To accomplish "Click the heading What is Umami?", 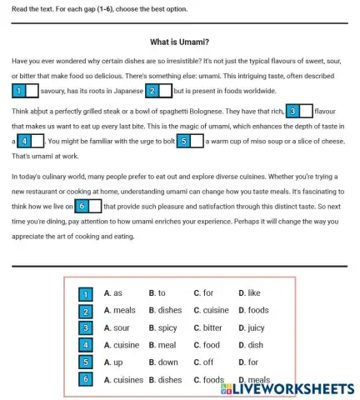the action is point(179,42).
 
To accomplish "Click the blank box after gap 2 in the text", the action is point(166,90).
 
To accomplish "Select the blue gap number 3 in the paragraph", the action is point(292,111).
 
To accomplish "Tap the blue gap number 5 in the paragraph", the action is point(182,141).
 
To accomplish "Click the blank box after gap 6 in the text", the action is point(95,206).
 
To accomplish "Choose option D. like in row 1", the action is point(249,293).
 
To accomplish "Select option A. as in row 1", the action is point(113,293).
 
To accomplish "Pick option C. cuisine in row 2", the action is point(210,311).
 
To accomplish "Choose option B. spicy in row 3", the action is point(162,328).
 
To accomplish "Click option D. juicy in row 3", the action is point(251,328).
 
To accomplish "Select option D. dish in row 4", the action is point(250,345).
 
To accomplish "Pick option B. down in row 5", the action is point(163,362).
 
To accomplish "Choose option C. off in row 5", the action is point(203,362).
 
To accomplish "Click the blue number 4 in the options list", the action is point(85,345).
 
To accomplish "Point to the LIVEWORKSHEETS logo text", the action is point(288,388).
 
